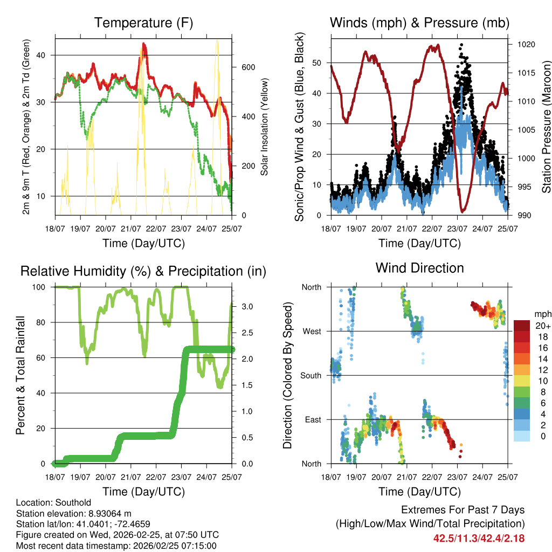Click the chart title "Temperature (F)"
coord(143,23)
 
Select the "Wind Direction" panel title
coord(419,268)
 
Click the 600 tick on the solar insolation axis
coord(246,67)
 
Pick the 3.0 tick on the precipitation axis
coord(247,307)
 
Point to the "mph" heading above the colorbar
coord(542,314)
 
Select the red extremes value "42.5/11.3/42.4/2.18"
coord(479,538)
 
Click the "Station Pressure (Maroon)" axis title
coord(546,127)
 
